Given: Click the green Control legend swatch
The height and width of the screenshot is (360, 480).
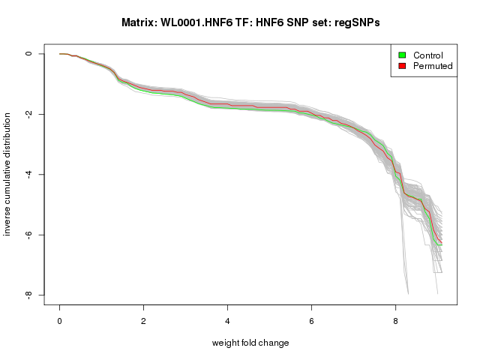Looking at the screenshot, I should (x=402, y=55).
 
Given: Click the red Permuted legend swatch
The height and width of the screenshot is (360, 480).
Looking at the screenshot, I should (x=402, y=66).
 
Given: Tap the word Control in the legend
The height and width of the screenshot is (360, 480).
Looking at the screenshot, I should (x=428, y=55).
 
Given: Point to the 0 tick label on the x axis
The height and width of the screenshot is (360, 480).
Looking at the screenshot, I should (x=60, y=319).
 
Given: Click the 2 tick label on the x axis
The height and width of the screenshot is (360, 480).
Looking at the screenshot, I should (x=144, y=319).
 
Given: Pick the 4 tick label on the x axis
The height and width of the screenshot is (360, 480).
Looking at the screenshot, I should (x=228, y=319).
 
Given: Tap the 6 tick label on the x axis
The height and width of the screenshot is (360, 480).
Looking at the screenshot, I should (x=312, y=319).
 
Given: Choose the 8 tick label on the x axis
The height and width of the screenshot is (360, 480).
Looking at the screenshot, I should (x=396, y=319).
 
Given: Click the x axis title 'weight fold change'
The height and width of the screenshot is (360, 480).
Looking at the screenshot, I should (x=250, y=343).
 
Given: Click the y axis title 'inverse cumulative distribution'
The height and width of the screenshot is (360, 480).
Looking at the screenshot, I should (x=8, y=174).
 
